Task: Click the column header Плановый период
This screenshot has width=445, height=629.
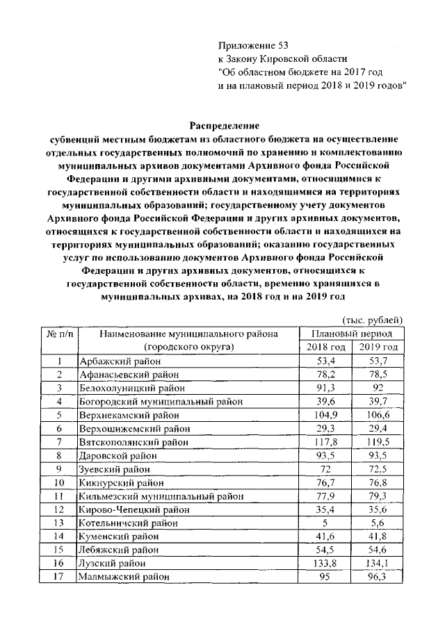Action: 352,333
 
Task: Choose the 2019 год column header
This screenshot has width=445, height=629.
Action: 379,347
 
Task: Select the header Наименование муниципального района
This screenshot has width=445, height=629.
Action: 188,334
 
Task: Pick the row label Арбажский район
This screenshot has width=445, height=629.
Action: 118,361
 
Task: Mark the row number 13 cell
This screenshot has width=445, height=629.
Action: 60,523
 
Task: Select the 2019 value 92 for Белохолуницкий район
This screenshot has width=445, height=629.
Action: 379,388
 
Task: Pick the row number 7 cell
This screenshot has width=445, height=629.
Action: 60,442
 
